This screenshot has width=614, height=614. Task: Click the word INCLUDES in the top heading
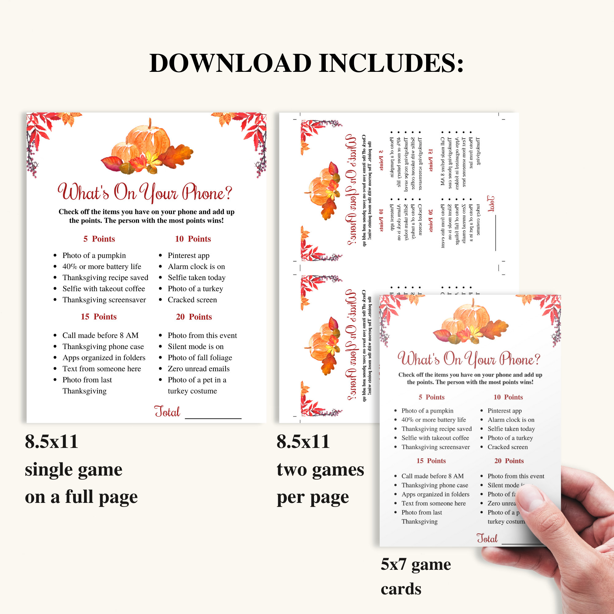(391, 63)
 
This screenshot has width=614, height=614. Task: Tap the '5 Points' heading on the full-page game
(99, 239)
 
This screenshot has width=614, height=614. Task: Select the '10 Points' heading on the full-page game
(193, 239)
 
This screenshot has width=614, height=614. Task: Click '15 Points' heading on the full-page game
(99, 317)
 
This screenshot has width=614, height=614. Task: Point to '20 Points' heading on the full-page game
(194, 317)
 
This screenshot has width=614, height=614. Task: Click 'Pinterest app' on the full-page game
(188, 255)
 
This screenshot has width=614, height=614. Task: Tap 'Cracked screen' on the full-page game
(192, 300)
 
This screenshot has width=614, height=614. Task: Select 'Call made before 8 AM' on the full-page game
(100, 336)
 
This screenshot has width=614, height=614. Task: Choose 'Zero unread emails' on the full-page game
(199, 369)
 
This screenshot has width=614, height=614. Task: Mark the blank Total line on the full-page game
(213, 418)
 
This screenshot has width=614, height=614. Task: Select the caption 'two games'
(320, 470)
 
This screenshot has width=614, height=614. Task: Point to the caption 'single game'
(73, 470)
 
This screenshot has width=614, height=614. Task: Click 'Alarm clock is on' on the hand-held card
(511, 420)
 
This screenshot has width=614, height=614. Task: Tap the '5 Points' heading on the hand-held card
(431, 397)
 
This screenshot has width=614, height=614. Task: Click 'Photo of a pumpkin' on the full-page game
(94, 255)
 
